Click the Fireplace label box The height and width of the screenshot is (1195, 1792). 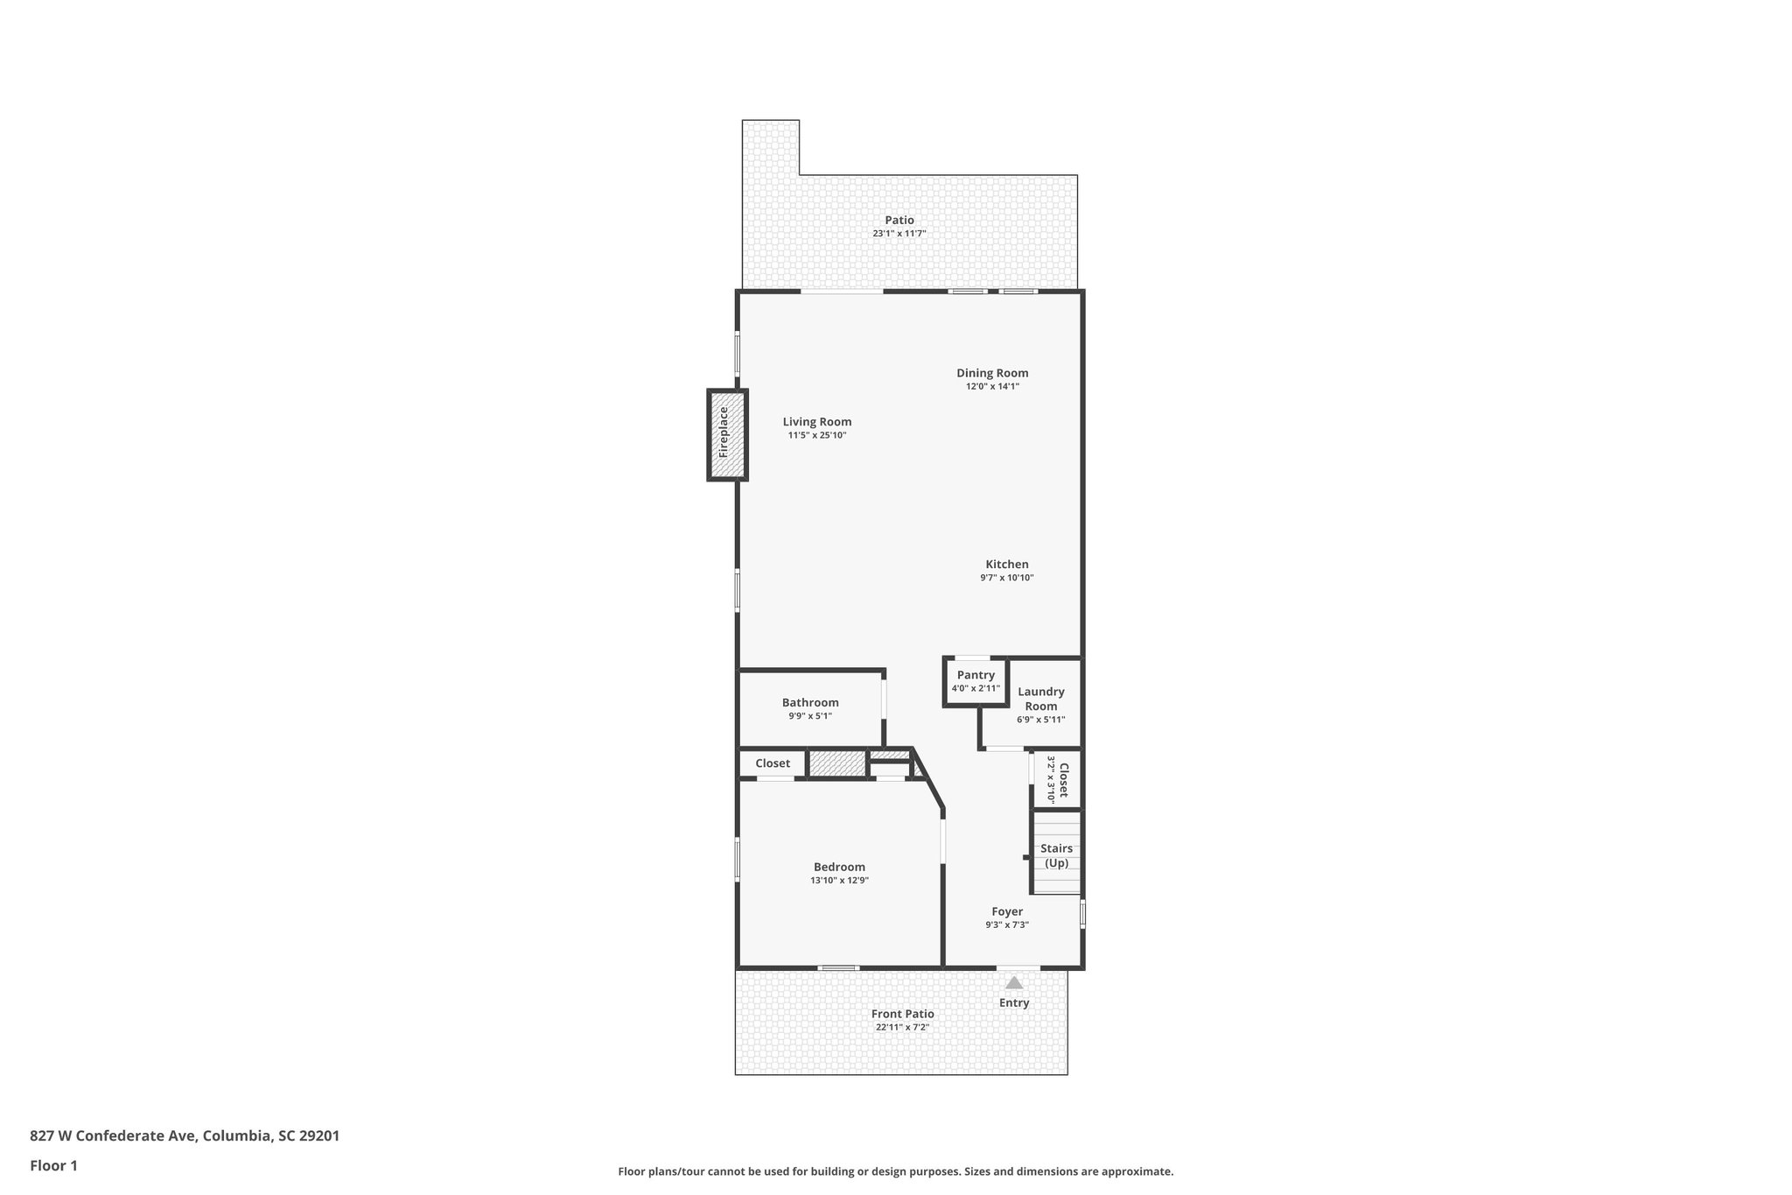click(x=727, y=435)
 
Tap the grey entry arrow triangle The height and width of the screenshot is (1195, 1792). click(x=1014, y=983)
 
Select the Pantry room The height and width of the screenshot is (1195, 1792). click(x=976, y=681)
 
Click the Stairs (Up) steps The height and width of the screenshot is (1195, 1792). click(x=1057, y=854)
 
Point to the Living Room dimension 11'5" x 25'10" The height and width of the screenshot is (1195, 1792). click(x=817, y=435)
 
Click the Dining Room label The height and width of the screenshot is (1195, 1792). click(x=992, y=373)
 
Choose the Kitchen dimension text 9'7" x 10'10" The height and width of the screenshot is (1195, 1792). click(x=1007, y=578)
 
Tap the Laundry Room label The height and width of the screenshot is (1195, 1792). click(x=1041, y=699)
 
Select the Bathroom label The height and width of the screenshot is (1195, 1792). click(x=810, y=702)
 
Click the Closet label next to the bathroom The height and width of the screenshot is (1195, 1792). click(x=773, y=763)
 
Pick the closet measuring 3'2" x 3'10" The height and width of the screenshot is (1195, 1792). click(x=1058, y=780)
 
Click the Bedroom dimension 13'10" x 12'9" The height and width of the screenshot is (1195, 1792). click(x=839, y=881)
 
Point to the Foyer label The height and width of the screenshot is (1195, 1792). click(x=1007, y=911)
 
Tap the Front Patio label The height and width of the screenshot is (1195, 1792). click(x=902, y=1014)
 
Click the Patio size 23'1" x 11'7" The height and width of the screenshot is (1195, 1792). click(x=899, y=234)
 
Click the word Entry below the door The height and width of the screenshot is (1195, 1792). click(x=1014, y=1003)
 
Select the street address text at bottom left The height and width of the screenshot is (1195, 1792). click(x=185, y=1135)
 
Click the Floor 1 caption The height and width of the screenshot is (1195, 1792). click(x=53, y=1166)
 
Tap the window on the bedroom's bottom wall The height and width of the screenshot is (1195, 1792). click(x=838, y=967)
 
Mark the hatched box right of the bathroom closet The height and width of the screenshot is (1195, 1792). click(x=836, y=763)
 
